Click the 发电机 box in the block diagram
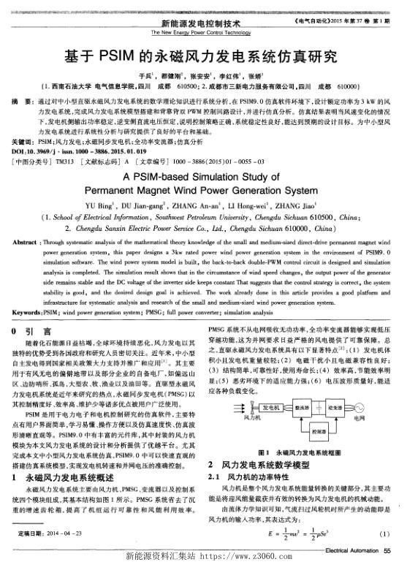(270, 406)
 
